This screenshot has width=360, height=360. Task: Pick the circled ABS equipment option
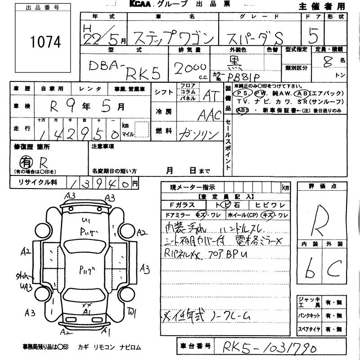tap(243, 110)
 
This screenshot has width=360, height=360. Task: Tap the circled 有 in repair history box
tap(25, 161)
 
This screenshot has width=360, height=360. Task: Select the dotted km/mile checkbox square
tap(141, 130)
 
